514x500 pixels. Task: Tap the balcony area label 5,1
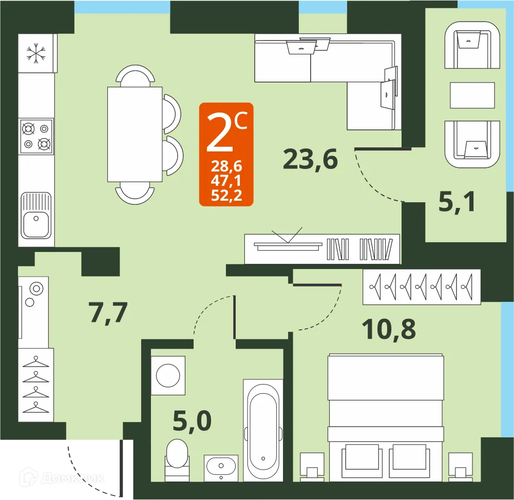point(457,202)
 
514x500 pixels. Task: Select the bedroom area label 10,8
point(388,329)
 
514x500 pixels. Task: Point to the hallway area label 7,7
point(108,313)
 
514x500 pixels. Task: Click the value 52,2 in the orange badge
point(226,195)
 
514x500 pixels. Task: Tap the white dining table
point(135,134)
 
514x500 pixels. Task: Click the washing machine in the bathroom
point(168,375)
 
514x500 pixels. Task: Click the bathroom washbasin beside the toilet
point(221,467)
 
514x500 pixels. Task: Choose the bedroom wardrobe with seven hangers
point(421,286)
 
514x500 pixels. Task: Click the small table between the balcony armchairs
point(472,95)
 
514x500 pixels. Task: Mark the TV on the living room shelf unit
point(288,245)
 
